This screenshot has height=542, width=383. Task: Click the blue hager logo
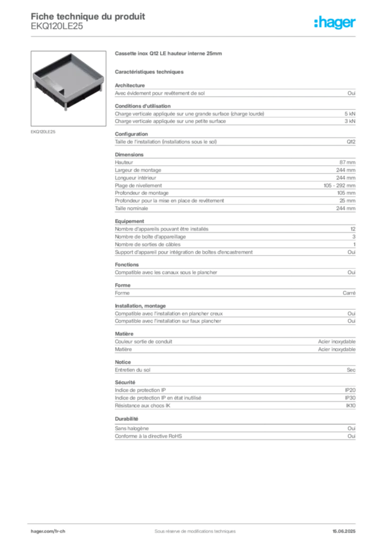pyautogui.click(x=335, y=23)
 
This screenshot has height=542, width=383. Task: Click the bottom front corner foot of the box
pyautogui.click(x=67, y=110)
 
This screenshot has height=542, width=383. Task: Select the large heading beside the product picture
pyautogui.click(x=169, y=55)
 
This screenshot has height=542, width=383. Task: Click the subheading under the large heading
pyautogui.click(x=150, y=71)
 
